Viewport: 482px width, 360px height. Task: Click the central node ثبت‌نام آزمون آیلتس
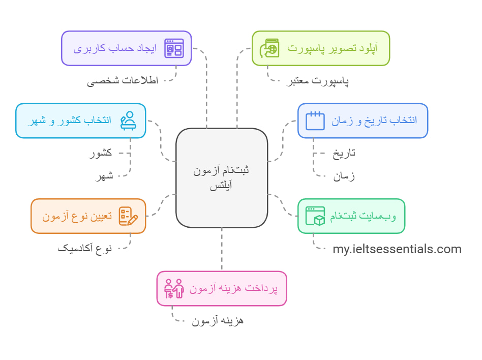[222, 177]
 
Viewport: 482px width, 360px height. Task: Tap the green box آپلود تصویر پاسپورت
[321, 48]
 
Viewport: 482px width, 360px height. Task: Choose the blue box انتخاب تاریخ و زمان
[363, 121]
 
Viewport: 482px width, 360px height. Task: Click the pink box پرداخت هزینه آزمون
[222, 288]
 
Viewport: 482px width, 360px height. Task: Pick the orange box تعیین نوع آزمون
[88, 216]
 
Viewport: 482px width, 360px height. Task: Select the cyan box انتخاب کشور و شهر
[81, 121]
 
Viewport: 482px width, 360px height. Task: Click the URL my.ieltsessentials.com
[397, 249]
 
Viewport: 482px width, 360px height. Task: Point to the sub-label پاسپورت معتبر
[316, 81]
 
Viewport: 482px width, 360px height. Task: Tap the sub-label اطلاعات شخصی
[123, 81]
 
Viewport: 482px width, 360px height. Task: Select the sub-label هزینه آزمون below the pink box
[218, 321]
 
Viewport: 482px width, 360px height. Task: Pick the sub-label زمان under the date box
[344, 176]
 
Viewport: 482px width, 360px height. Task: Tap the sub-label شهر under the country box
[103, 176]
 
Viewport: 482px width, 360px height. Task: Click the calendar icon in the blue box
[315, 121]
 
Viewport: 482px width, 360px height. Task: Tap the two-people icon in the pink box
[174, 289]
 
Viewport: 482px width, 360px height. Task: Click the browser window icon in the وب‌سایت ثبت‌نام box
[315, 216]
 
